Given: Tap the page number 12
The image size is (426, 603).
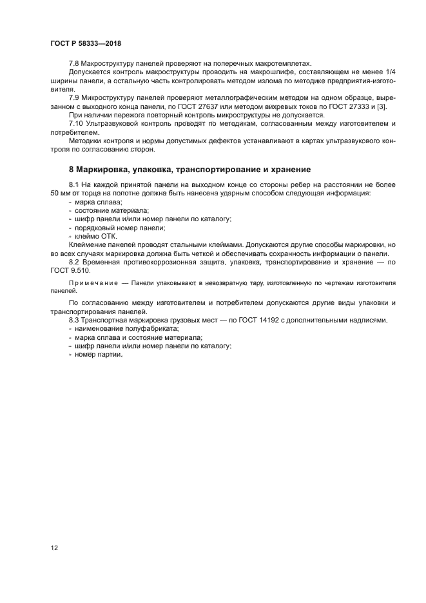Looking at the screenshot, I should tap(54, 548).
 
